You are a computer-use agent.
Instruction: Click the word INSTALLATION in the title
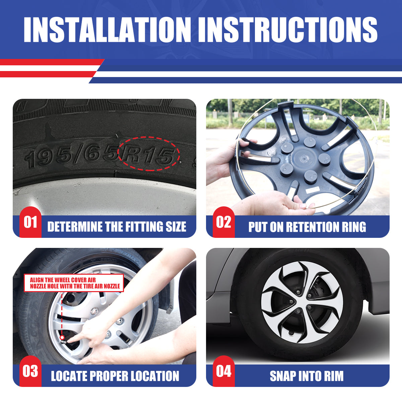tap(107, 29)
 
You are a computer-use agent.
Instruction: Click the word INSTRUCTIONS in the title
tap(288, 29)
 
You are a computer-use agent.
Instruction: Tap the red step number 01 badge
tap(30, 222)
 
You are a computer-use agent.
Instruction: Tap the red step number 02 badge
tap(224, 222)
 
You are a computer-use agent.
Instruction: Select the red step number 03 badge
tap(30, 371)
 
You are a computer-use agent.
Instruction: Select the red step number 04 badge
tap(224, 371)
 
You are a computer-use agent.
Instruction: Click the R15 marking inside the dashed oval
tap(148, 155)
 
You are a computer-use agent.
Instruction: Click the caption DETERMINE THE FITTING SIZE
tap(117, 226)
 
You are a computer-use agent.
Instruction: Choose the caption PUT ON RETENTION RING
tap(307, 226)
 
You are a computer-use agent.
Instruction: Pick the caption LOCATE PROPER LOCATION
tap(115, 376)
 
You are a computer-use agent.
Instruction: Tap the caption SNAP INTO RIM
tap(307, 376)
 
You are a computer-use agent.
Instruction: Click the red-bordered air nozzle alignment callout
tap(74, 283)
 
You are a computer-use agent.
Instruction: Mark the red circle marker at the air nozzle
tap(62, 337)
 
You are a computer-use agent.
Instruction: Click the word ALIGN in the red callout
tap(37, 280)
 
